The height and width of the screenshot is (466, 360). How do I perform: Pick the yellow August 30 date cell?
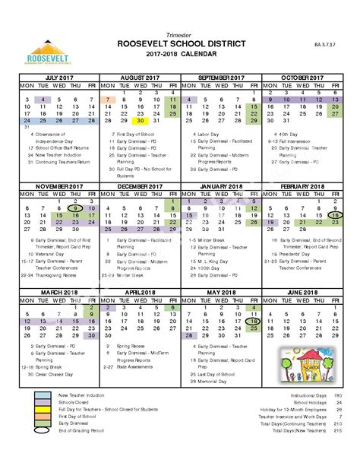(x=140, y=121)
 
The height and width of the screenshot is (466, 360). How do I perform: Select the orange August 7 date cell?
(x=108, y=100)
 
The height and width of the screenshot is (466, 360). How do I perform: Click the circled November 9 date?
(x=75, y=208)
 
